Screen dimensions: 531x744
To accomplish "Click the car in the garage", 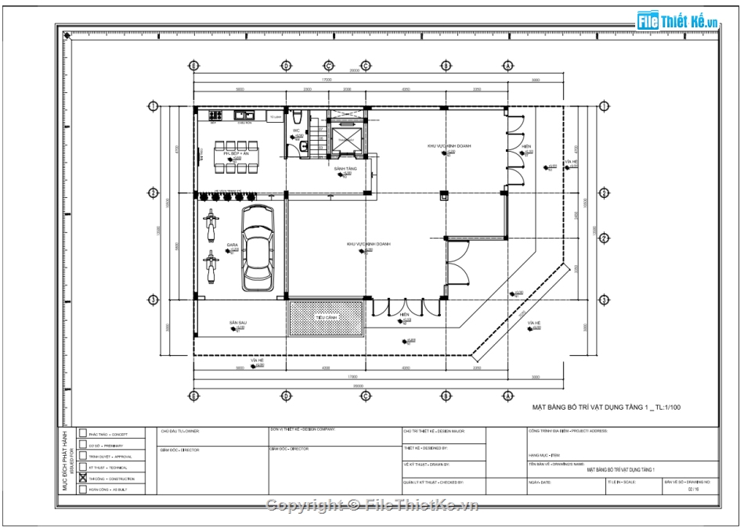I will [x=258, y=249].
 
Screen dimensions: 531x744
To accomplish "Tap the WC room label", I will [x=297, y=131].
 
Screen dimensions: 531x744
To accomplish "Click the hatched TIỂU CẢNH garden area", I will [x=326, y=317].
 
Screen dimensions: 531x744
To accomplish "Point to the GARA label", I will [x=232, y=245].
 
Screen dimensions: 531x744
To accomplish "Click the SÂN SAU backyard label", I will [x=238, y=322].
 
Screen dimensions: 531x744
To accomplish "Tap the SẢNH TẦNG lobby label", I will [x=345, y=168].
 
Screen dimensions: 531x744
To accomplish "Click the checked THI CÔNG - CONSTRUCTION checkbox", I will [x=83, y=479].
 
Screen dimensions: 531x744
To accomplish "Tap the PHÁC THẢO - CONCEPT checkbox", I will [x=83, y=433].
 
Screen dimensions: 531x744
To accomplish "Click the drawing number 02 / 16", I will [x=691, y=490].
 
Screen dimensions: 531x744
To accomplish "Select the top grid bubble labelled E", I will [x=193, y=65].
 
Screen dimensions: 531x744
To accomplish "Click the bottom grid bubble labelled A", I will [x=508, y=396].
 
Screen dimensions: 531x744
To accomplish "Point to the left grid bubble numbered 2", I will [x=153, y=193].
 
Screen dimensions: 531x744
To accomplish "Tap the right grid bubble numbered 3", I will [x=604, y=300].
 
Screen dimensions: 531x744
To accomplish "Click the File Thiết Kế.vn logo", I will [x=677, y=20].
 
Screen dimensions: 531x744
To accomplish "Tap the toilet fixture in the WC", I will [x=302, y=145].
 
